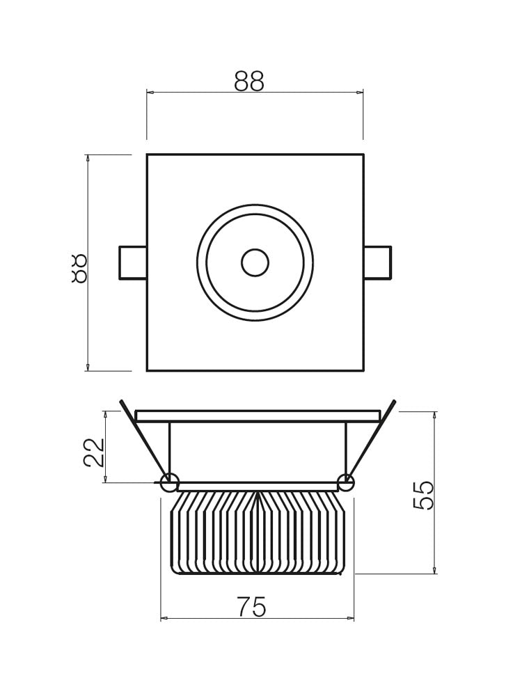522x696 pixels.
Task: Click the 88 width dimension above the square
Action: pyautogui.click(x=249, y=82)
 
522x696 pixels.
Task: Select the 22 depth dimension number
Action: pyautogui.click(x=94, y=452)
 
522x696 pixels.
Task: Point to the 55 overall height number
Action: pyautogui.click(x=424, y=495)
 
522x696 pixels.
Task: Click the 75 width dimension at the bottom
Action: pyautogui.click(x=251, y=608)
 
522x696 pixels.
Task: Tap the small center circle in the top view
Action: pyautogui.click(x=255, y=262)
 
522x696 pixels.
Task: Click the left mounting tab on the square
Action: pyautogui.click(x=133, y=262)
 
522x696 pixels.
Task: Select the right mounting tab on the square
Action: pyautogui.click(x=377, y=262)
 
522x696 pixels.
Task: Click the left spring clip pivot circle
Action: pyautogui.click(x=169, y=482)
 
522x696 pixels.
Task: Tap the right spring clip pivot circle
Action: pyautogui.click(x=346, y=482)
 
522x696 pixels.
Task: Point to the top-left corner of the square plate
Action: pyautogui.click(x=148, y=155)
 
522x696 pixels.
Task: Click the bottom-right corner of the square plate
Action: pyautogui.click(x=363, y=370)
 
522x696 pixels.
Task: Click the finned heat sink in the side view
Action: pyautogui.click(x=258, y=532)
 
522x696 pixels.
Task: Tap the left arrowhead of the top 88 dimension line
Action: pyautogui.click(x=150, y=92)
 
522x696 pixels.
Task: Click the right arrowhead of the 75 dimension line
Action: pyautogui.click(x=351, y=618)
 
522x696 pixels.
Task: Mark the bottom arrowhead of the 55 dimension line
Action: pyautogui.click(x=434, y=570)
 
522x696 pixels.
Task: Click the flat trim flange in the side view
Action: pyautogui.click(x=258, y=416)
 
